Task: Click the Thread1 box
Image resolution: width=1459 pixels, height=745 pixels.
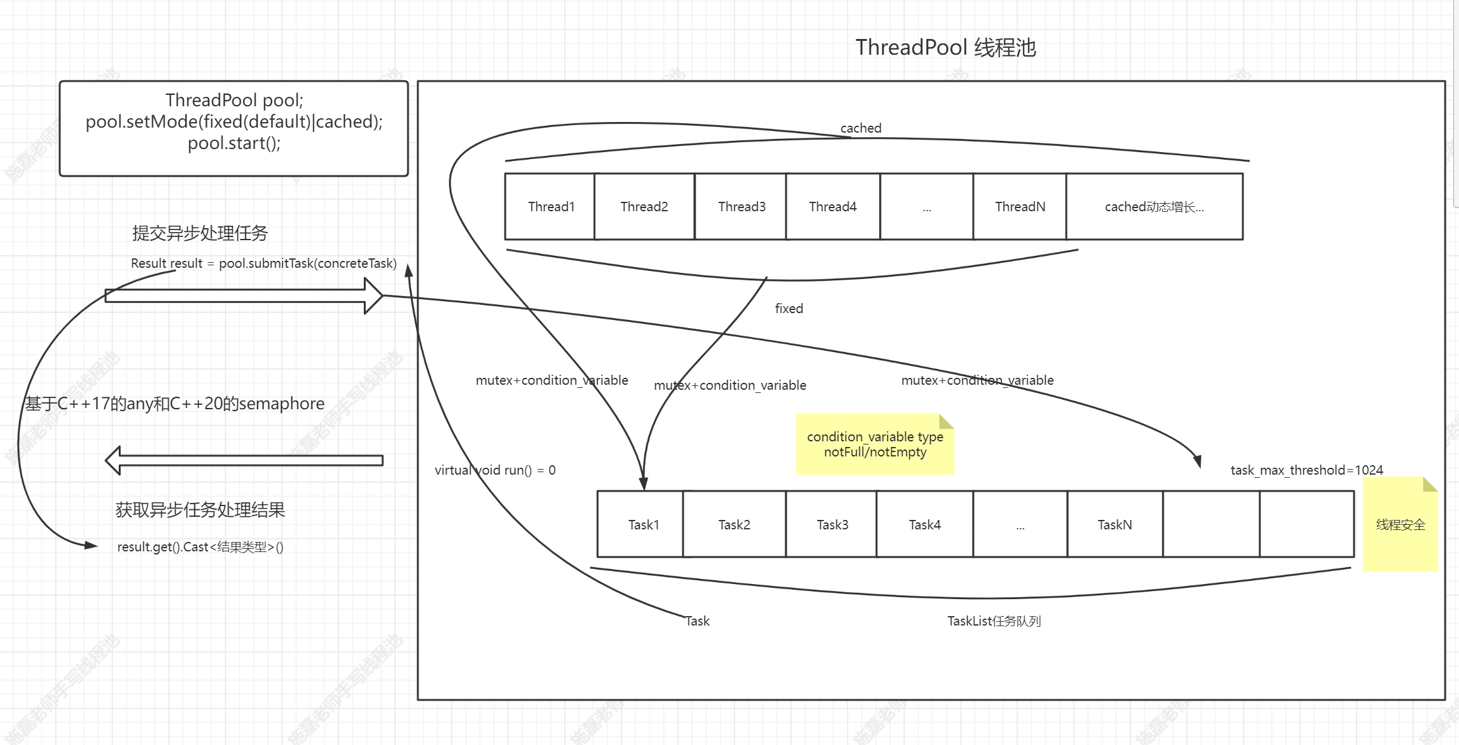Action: click(x=550, y=207)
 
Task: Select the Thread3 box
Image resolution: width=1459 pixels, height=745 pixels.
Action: click(x=741, y=207)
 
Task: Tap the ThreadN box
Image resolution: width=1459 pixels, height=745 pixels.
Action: click(x=1019, y=207)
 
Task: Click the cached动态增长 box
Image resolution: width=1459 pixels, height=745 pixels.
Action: click(x=1154, y=207)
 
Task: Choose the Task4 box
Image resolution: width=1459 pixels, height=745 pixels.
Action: click(x=924, y=525)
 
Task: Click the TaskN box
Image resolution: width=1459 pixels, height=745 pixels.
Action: click(x=1114, y=525)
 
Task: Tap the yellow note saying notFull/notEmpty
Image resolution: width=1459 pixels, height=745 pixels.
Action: click(x=875, y=444)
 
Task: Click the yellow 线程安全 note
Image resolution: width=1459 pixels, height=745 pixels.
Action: click(x=1400, y=525)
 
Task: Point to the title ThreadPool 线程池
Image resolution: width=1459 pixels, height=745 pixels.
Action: click(x=945, y=48)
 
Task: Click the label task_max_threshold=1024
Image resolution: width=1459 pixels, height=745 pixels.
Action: click(x=1306, y=470)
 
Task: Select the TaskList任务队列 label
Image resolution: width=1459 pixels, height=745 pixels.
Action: click(x=993, y=621)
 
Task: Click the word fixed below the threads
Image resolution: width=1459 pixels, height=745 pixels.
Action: click(x=789, y=309)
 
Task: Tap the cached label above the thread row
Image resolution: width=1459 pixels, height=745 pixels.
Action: click(x=860, y=128)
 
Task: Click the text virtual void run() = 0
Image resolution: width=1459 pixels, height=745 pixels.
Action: click(x=495, y=470)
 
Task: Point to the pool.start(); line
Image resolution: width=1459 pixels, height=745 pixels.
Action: click(x=234, y=143)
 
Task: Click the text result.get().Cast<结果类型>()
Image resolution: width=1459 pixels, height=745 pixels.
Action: click(x=200, y=547)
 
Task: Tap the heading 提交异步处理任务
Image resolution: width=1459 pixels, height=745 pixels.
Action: click(x=200, y=233)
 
